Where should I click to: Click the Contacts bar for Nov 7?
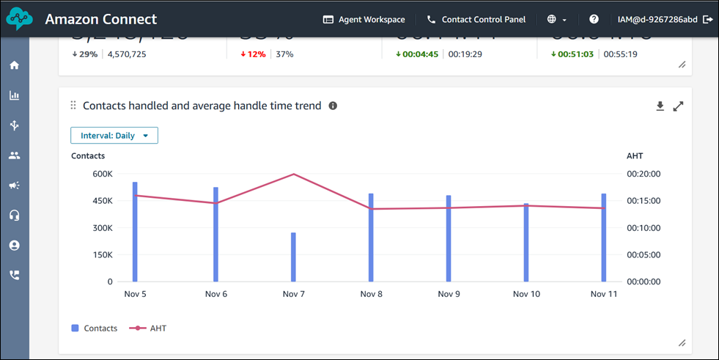[x=293, y=257]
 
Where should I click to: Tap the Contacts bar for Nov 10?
[x=526, y=242]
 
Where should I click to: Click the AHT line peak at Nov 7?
[x=293, y=175]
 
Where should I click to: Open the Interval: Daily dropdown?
[x=114, y=136]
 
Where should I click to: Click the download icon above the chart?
[x=660, y=106]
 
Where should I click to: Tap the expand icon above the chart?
[x=678, y=106]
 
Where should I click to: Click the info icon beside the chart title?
[x=333, y=106]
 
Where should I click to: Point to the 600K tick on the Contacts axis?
[x=102, y=174]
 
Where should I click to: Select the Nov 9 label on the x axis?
[x=449, y=294]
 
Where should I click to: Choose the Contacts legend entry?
[x=95, y=328]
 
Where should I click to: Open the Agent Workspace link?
[x=364, y=20]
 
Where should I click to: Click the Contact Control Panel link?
[x=476, y=20]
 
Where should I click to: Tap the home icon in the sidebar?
[x=14, y=65]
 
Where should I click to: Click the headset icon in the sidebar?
[x=14, y=216]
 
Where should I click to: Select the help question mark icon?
[x=594, y=20]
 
